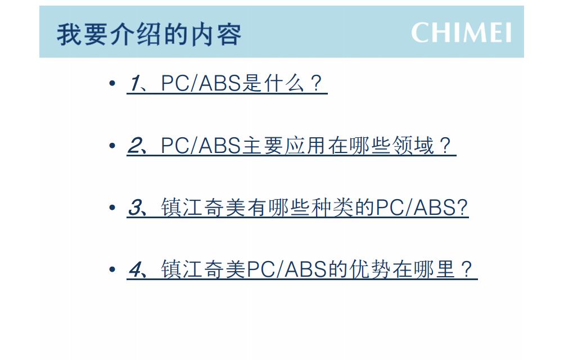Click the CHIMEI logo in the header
461,33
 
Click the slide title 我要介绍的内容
149,34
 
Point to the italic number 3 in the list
136,208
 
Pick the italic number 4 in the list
136,269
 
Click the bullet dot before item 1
112,83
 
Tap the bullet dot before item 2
112,146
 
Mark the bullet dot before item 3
112,208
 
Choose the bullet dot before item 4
112,269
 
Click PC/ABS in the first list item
201,83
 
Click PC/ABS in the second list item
201,146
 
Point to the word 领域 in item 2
413,146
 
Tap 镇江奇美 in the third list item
203,208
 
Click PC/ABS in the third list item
416,208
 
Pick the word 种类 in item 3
332,208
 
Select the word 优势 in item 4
371,269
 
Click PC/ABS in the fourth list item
287,269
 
